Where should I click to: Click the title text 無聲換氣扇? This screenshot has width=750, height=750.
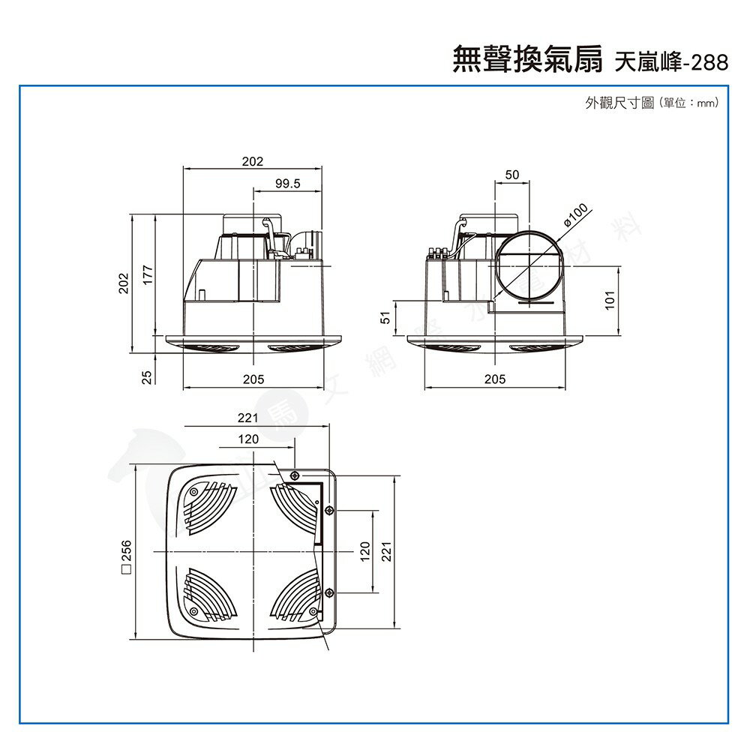coord(527,61)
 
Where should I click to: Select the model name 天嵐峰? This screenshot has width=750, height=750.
coord(646,62)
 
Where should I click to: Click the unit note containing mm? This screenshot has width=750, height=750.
coord(688,103)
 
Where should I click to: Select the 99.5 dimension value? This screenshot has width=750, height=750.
coord(287,183)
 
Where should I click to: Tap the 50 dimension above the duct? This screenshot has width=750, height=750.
coord(511,175)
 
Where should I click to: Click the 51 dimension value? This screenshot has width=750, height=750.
coord(385,318)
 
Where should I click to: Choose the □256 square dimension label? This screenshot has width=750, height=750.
coord(125,554)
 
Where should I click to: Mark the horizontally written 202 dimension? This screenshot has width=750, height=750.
coord(253,161)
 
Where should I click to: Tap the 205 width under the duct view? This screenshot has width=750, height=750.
coord(495,379)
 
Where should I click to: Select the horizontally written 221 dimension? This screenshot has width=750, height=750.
coord(248,418)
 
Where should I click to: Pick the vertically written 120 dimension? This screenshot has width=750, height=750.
coord(364,552)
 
